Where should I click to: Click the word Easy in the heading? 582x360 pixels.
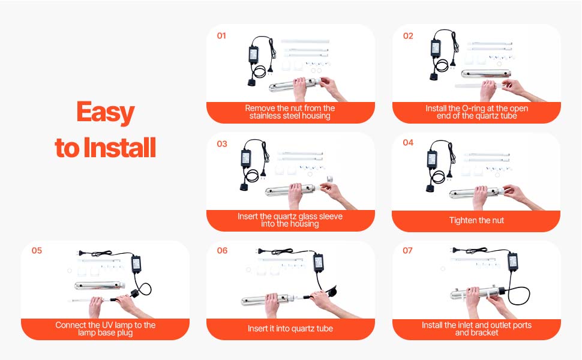(106, 112)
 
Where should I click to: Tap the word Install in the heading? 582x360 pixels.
(119, 148)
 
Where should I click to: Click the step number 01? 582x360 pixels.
(221, 35)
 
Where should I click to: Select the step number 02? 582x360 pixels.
(408, 35)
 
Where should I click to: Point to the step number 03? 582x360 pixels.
(222, 144)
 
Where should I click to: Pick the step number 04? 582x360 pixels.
(408, 143)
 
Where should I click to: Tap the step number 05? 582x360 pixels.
(37, 251)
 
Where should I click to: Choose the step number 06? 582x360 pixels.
(223, 251)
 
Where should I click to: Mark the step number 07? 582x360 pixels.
(407, 251)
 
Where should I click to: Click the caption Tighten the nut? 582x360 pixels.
(476, 220)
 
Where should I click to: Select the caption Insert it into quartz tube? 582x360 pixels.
(290, 328)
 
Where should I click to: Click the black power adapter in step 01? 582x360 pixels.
(254, 55)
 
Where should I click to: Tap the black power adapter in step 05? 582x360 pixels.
(136, 263)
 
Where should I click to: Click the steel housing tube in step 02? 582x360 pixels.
(486, 74)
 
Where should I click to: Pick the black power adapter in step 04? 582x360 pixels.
(433, 159)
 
